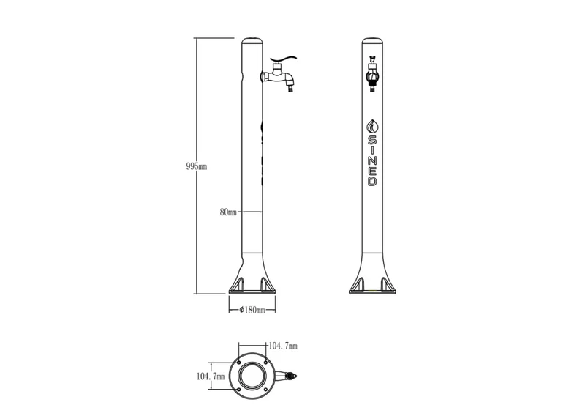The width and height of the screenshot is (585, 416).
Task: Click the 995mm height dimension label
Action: coord(196,166)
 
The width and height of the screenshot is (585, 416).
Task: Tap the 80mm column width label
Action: coord(228,212)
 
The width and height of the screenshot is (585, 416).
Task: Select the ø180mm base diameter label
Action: coord(252,310)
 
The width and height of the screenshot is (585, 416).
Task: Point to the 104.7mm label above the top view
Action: coord(283,346)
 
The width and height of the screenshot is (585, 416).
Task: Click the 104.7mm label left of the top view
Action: coord(211,376)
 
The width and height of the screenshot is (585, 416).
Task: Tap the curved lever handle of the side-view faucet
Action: coord(283,59)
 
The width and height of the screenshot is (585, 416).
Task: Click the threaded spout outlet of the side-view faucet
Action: coord(290,89)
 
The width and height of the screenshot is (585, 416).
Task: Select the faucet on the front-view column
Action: coord(373,73)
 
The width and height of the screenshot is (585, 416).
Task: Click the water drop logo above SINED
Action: coord(373,126)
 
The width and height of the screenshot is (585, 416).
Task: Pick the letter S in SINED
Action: coord(373,141)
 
